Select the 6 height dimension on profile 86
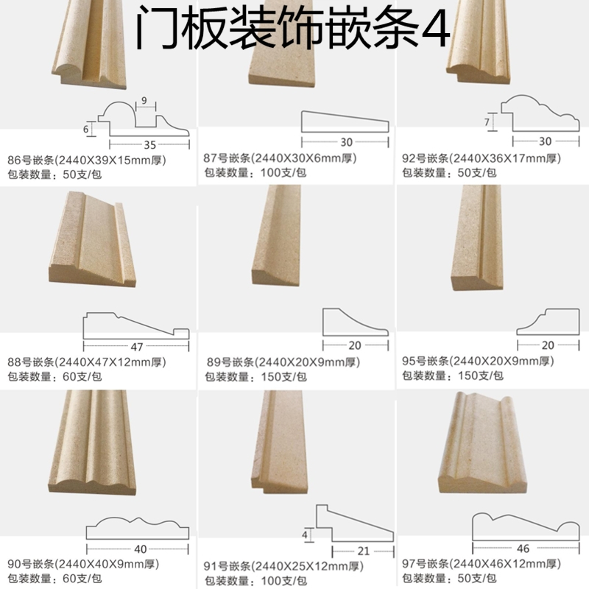[x=86, y=129]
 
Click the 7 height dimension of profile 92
[x=487, y=121]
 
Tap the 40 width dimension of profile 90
[x=141, y=549]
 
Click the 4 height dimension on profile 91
[x=304, y=535]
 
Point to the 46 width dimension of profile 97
[x=524, y=549]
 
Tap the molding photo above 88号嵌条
[x=94, y=240]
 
